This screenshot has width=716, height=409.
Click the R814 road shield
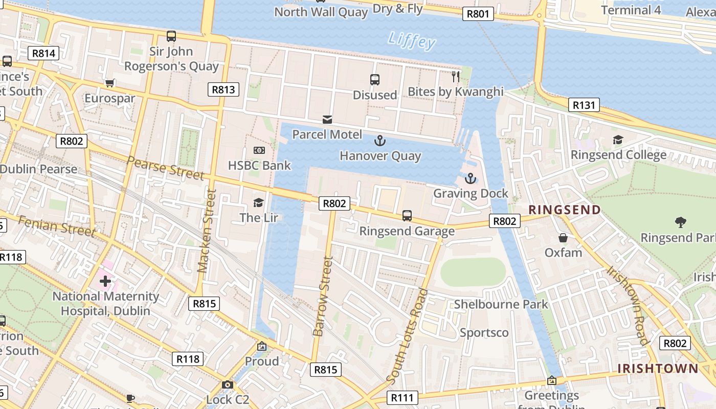click(x=45, y=53)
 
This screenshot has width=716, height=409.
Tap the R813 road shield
click(x=223, y=90)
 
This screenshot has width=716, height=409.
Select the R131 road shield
click(x=584, y=105)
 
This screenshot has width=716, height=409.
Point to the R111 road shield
click(x=402, y=397)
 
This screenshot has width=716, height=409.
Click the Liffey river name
click(x=412, y=40)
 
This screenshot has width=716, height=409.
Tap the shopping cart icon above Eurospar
click(x=109, y=83)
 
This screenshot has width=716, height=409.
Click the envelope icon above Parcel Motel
click(x=327, y=120)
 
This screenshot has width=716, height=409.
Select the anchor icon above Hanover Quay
click(x=380, y=141)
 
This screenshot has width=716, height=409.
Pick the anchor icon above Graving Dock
click(x=470, y=178)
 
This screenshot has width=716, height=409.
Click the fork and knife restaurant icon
click(x=456, y=77)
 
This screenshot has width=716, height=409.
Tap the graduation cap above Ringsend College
click(x=618, y=140)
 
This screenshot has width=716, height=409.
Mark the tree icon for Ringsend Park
click(x=680, y=222)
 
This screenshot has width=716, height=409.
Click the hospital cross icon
click(x=105, y=281)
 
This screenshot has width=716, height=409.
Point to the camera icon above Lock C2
click(x=228, y=384)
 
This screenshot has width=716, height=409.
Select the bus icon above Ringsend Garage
click(x=407, y=216)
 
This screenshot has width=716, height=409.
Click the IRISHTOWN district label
click(x=658, y=369)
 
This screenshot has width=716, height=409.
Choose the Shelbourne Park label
click(x=501, y=304)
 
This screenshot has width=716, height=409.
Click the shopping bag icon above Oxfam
click(x=563, y=238)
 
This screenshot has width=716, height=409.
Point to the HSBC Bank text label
click(x=259, y=165)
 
